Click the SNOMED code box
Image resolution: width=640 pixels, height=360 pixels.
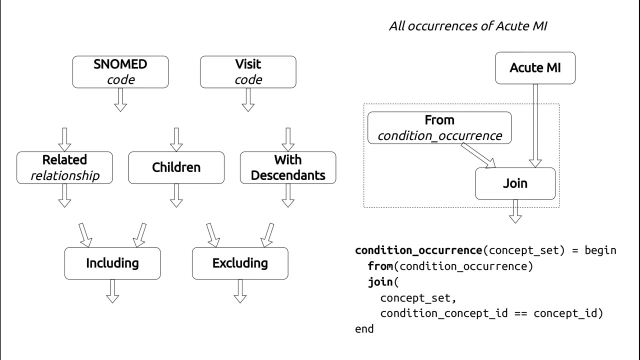coord(120,72)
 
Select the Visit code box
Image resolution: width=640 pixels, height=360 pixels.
coord(248,72)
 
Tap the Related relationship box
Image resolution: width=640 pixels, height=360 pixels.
coord(64,167)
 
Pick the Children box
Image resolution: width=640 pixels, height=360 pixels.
coord(176,167)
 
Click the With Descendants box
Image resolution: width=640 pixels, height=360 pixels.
coord(288,167)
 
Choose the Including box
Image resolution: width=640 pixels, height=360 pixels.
coord(112,263)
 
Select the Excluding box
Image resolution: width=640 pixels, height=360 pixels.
coord(240,263)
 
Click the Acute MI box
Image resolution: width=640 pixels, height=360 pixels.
coord(535,68)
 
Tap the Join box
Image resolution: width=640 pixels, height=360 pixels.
coord(515,183)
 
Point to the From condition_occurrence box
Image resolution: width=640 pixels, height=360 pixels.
coord(439,128)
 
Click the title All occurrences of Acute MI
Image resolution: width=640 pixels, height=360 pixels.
coord(468,26)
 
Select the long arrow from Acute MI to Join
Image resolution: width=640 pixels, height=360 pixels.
coord(535,125)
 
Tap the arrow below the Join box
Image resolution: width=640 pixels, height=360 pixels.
coord(515,212)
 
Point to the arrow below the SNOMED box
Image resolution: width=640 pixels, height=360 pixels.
coord(120,99)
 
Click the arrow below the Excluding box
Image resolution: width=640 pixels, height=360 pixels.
coord(240,291)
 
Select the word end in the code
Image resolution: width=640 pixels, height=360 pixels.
coord(364,329)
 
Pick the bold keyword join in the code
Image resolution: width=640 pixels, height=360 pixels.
coord(380,282)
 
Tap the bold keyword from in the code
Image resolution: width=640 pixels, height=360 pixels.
coord(380,266)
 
